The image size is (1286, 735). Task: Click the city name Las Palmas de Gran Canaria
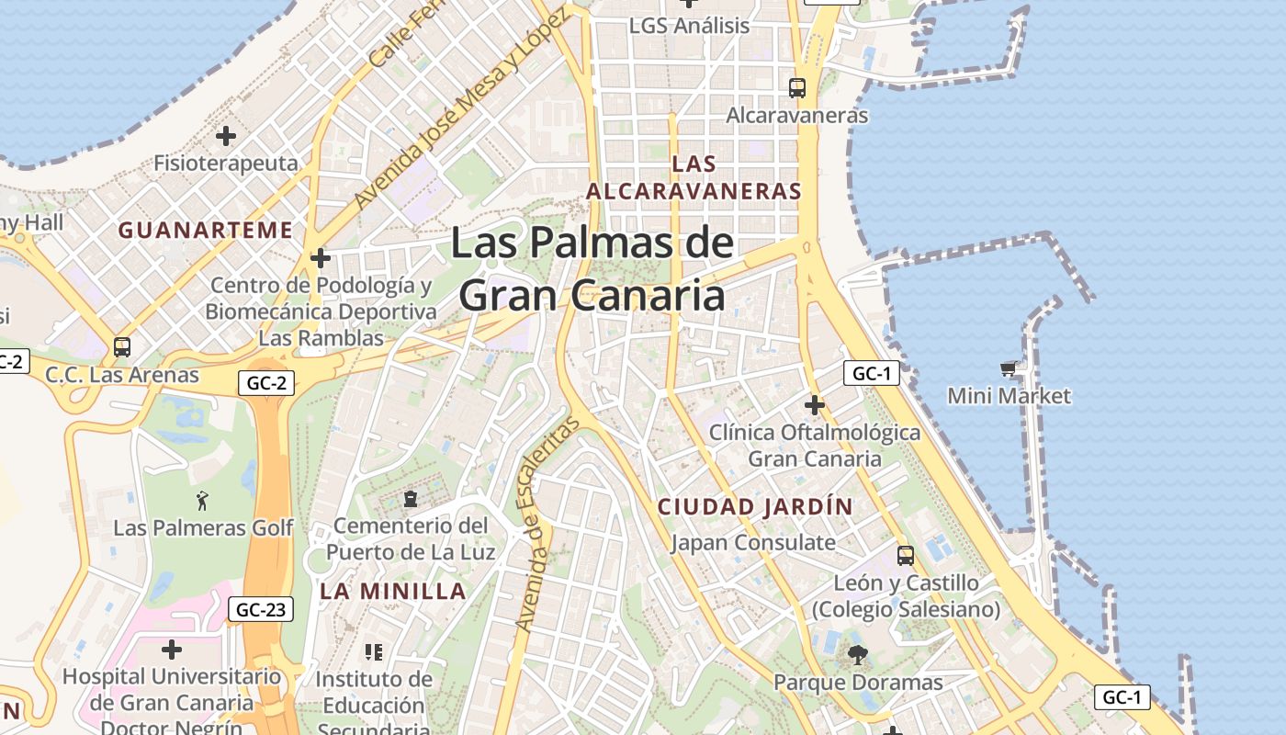click(x=592, y=270)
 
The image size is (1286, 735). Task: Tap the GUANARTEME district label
click(x=206, y=230)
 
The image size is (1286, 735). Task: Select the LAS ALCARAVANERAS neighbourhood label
click(x=694, y=177)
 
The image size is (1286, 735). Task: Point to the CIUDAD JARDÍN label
click(x=755, y=506)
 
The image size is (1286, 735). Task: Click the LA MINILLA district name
click(x=393, y=591)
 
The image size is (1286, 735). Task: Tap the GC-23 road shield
click(x=260, y=609)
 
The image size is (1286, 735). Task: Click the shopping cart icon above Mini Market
click(x=1009, y=369)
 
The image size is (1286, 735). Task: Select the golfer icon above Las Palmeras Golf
click(x=203, y=501)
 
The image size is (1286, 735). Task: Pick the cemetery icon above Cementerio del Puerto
click(x=410, y=499)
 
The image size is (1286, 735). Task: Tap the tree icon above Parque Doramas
click(x=857, y=655)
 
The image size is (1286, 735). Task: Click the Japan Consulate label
click(x=753, y=542)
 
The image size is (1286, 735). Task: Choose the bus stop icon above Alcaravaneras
click(x=796, y=88)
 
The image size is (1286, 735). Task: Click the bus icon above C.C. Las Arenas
click(x=121, y=347)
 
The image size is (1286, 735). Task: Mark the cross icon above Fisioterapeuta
click(x=225, y=137)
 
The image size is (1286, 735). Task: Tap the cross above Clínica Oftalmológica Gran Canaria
click(x=814, y=404)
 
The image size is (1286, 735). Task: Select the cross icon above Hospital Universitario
click(x=171, y=650)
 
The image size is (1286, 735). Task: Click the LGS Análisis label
click(x=689, y=26)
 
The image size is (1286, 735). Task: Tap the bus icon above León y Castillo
click(x=906, y=555)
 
